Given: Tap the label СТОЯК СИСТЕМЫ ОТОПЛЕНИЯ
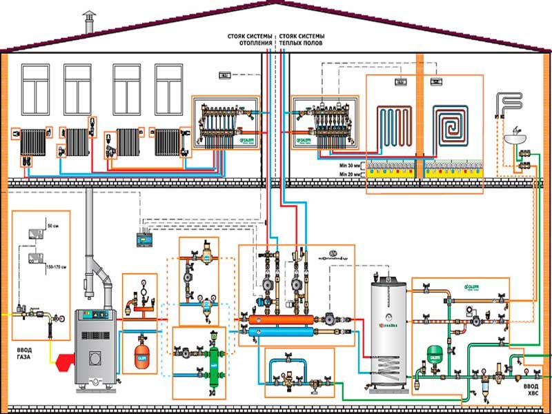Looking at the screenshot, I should [249, 40].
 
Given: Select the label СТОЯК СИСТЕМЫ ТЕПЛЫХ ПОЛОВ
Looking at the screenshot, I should [302, 40].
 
